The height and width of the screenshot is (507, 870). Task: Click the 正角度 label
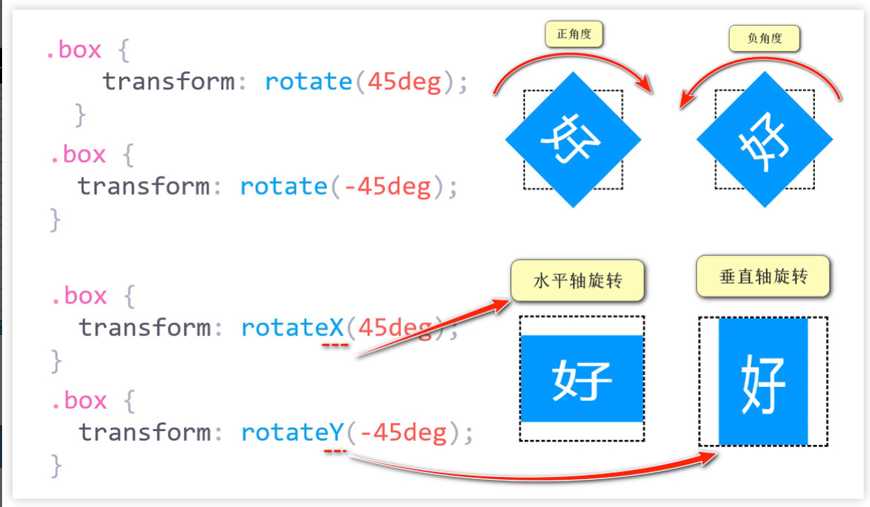(574, 35)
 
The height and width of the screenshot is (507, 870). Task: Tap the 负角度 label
(764, 39)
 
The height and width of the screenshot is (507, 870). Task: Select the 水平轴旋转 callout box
(577, 281)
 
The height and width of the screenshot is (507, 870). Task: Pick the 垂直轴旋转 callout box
(763, 277)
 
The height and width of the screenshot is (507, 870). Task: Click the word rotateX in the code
(292, 327)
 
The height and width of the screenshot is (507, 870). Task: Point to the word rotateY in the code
(292, 432)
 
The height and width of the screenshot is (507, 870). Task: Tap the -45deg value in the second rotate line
(388, 186)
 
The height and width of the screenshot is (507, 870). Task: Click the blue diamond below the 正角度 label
(573, 139)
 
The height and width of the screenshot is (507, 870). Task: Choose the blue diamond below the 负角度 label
(764, 139)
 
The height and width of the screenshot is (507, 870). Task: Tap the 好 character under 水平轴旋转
(582, 380)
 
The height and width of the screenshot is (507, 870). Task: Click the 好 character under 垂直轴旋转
(763, 382)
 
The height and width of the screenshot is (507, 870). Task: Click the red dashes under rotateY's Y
(335, 451)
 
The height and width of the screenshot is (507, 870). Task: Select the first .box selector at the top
(73, 50)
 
